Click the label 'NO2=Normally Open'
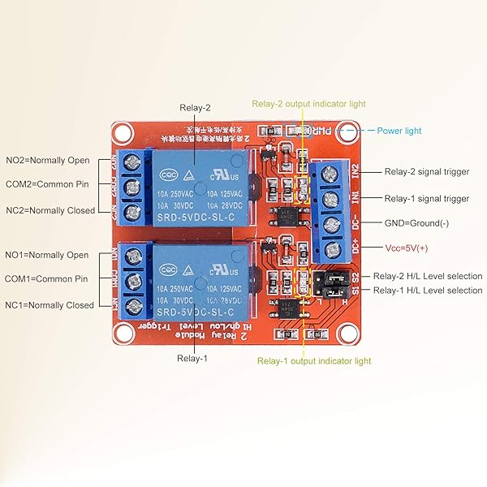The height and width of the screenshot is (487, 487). [46, 160]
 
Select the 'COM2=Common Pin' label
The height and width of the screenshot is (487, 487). [46, 184]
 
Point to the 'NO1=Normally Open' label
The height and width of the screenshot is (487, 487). [46, 255]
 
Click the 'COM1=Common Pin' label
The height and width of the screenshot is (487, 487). [46, 279]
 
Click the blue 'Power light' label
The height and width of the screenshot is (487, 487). [399, 131]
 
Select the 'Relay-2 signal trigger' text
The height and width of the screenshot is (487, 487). [426, 173]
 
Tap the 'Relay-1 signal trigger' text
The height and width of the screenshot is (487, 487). [426, 198]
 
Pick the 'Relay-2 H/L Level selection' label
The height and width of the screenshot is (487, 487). [427, 276]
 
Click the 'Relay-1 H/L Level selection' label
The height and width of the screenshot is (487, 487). [427, 290]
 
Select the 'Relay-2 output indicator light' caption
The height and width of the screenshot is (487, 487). [308, 104]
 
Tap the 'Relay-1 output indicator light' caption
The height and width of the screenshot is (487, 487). [314, 360]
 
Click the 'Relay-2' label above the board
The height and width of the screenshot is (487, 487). [195, 107]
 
